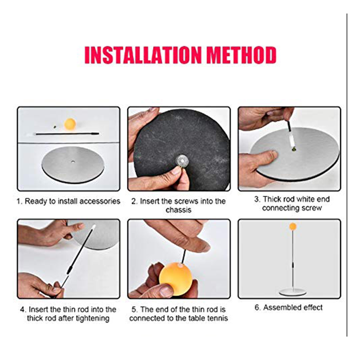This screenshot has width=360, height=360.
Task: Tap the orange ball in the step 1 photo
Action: (x=70, y=124)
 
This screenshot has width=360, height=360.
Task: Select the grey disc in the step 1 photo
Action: (x=73, y=164)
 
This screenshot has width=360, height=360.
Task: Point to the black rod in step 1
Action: (x=67, y=133)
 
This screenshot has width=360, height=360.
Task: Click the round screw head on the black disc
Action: (x=182, y=161)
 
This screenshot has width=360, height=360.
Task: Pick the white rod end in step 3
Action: (x=291, y=140)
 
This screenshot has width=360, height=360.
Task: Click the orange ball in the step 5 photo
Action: (x=175, y=276)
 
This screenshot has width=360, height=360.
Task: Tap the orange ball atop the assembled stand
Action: (x=293, y=226)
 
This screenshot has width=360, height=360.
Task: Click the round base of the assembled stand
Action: (x=292, y=292)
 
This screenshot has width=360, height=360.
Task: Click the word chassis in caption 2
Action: (x=178, y=210)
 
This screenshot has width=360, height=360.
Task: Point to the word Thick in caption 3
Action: (x=271, y=199)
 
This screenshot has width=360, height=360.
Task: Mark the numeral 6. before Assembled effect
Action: (x=257, y=307)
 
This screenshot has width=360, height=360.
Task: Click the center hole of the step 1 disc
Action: (x=73, y=162)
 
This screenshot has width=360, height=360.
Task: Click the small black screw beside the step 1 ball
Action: (x=55, y=126)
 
